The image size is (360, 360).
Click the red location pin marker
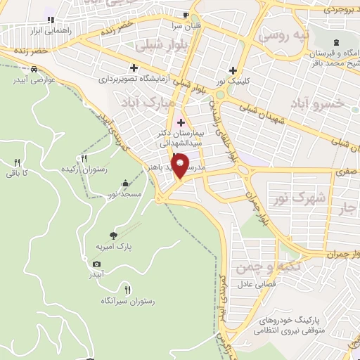click(181, 165)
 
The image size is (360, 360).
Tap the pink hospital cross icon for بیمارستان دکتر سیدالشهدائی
click(181, 122)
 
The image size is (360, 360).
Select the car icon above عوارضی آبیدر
click(34, 69)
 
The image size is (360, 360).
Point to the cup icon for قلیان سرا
click(185, 15)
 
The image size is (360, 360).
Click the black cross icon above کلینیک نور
click(233, 70)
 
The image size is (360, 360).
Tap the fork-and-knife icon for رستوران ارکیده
click(84, 158)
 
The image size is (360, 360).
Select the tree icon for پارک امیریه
click(114, 236)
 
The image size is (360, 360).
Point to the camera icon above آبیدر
click(96, 264)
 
